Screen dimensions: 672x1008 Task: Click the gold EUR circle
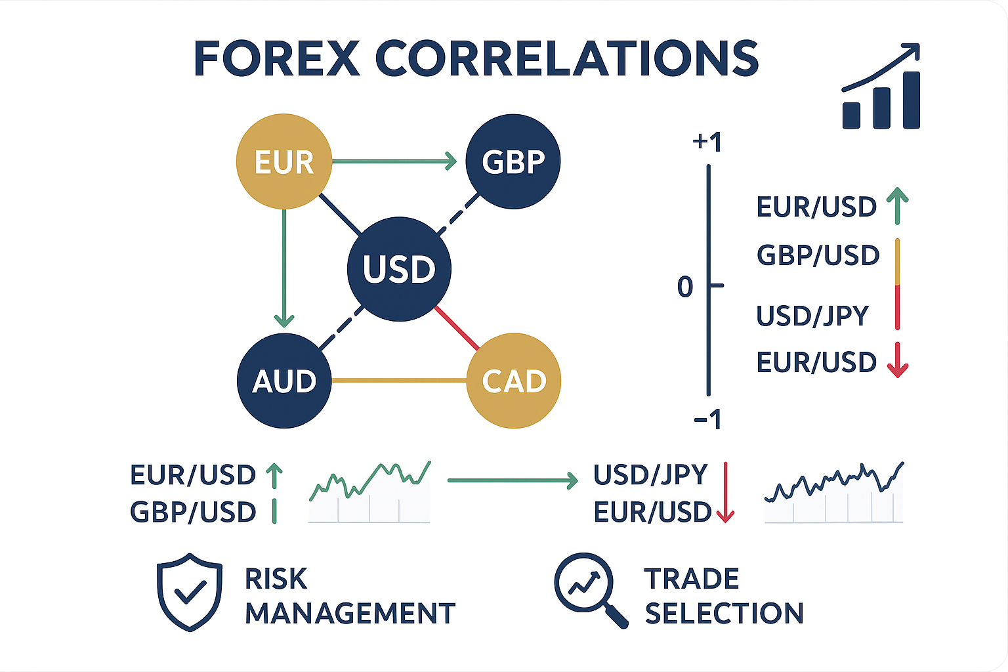click(x=283, y=161)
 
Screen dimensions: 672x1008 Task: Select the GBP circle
click(x=513, y=161)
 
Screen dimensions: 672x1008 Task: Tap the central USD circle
click(x=399, y=269)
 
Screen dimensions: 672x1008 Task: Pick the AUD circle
click(x=283, y=381)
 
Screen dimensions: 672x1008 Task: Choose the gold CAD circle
click(x=513, y=381)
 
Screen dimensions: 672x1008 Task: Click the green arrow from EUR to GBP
click(x=394, y=161)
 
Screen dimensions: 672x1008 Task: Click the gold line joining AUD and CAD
click(x=398, y=380)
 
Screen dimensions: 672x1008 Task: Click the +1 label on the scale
click(x=707, y=142)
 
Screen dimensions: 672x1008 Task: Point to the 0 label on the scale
click(x=685, y=287)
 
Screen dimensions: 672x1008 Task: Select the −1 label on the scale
click(x=707, y=419)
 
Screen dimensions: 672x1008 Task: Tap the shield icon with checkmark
click(x=189, y=592)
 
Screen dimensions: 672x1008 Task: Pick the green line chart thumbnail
click(x=369, y=492)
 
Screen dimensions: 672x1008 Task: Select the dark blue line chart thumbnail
click(x=833, y=492)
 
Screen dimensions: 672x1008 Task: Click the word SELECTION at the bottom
click(x=724, y=614)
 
